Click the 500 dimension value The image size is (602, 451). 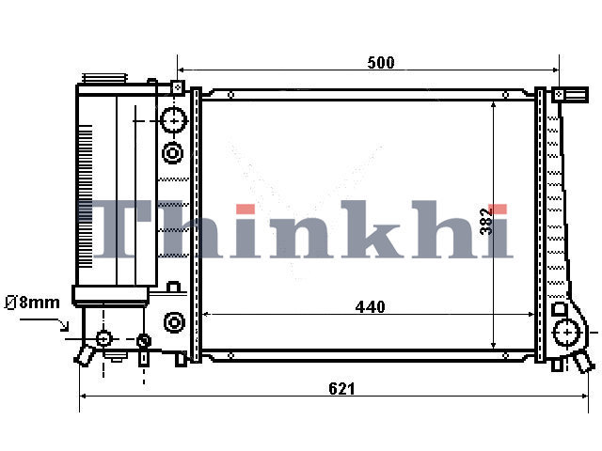[380, 63]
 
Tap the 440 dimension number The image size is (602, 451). [370, 307]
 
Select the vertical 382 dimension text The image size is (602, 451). [486, 222]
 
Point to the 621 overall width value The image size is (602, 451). [341, 389]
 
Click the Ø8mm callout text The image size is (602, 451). [32, 303]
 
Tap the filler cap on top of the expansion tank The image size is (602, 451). [103, 78]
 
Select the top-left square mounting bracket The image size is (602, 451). [177, 87]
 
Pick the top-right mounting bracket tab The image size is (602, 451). [570, 94]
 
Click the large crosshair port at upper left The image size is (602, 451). [174, 120]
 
